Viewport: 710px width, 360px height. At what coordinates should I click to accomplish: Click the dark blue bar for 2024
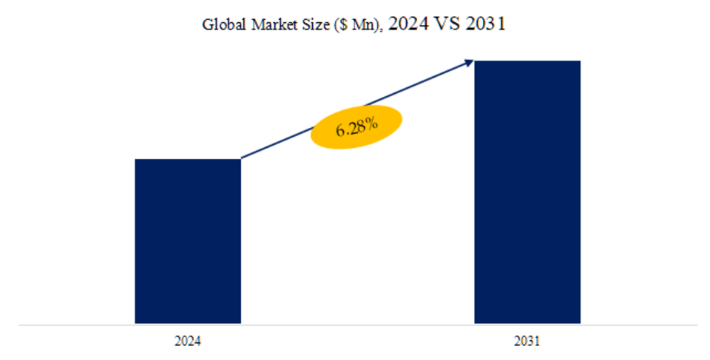pyautogui.click(x=188, y=241)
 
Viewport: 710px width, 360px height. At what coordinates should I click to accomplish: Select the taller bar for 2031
pyautogui.click(x=527, y=191)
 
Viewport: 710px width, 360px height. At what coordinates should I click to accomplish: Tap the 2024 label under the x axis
pyautogui.click(x=188, y=342)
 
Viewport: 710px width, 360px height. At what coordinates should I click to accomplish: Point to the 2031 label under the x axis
pyautogui.click(x=527, y=342)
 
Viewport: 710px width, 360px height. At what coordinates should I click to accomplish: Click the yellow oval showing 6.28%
pyautogui.click(x=356, y=128)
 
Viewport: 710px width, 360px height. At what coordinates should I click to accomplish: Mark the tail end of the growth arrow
pyautogui.click(x=243, y=157)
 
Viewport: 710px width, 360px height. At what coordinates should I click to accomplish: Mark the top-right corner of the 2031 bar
pyautogui.click(x=580, y=61)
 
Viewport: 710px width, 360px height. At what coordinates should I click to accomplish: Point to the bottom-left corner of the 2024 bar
pyautogui.click(x=135, y=323)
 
